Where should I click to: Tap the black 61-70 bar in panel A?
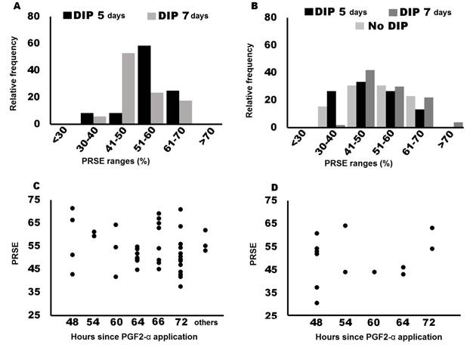tap(173, 107)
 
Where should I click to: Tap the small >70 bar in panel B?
tap(457, 124)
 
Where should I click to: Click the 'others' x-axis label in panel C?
tap(205, 321)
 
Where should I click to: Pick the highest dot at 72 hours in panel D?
tap(432, 228)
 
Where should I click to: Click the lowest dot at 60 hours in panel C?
tap(116, 277)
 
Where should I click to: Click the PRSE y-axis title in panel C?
tap(11, 257)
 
